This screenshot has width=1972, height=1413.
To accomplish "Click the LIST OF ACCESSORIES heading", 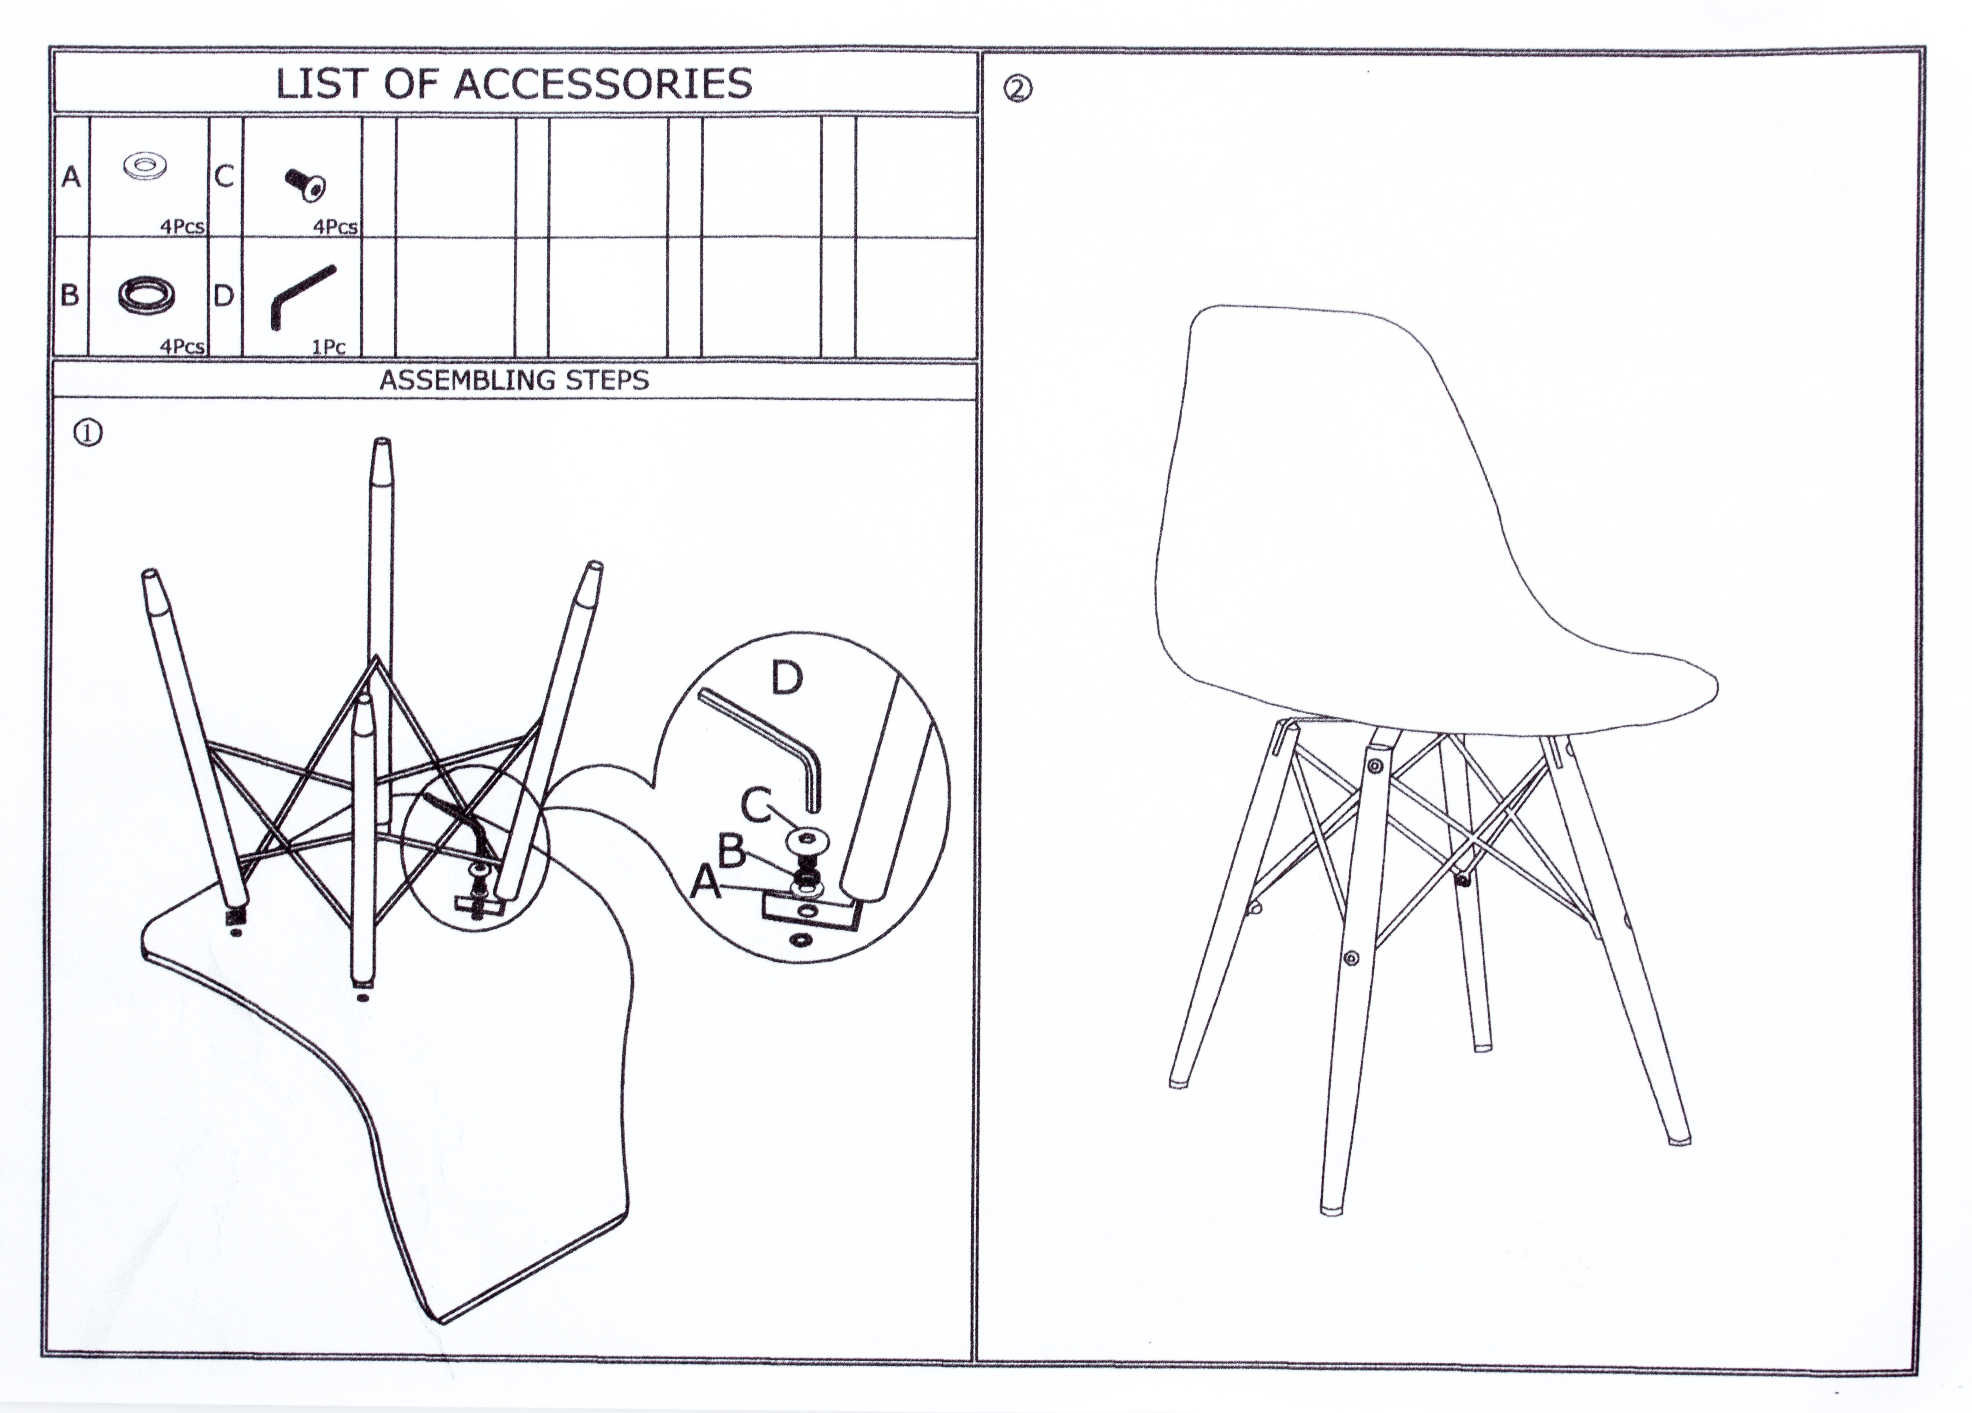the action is [x=514, y=83].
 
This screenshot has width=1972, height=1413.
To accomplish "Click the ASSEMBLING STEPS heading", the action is [x=514, y=380].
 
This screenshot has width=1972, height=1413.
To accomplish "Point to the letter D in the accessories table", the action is [x=224, y=296].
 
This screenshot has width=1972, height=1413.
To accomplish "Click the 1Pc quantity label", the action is [x=329, y=347].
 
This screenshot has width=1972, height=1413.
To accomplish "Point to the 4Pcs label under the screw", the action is [x=336, y=227].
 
